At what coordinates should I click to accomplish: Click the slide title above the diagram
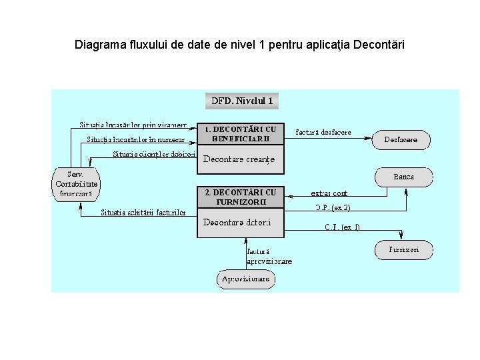coord(239,45)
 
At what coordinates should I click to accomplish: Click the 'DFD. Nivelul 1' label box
coord(241,101)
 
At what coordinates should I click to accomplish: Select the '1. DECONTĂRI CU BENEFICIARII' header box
coord(241,134)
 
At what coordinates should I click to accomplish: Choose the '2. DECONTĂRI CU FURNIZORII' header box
coord(241,197)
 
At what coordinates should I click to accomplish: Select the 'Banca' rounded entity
coord(403,177)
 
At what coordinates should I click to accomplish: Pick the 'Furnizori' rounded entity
coord(403,250)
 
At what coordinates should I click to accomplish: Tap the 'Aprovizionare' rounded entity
coord(246,279)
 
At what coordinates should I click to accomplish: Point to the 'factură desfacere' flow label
coord(323,132)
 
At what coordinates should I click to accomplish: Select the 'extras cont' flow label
coord(329,193)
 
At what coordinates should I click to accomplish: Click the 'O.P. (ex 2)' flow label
coord(333,207)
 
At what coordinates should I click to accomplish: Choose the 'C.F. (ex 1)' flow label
coord(343,227)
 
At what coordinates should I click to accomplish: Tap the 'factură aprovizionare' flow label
coord(269,257)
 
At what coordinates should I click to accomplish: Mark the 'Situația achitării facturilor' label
coord(143,213)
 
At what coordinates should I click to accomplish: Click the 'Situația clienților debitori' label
coord(153,154)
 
